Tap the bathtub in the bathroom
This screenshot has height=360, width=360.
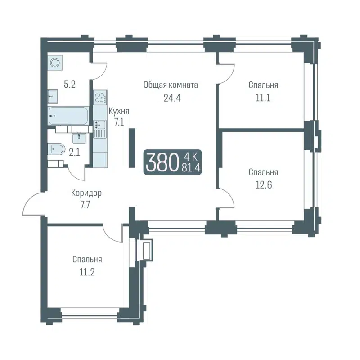(x=68, y=117)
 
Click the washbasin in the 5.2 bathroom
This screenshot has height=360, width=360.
(x=53, y=95)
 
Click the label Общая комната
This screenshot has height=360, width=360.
(x=171, y=85)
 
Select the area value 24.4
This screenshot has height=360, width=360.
(x=172, y=98)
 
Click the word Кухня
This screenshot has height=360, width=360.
(x=119, y=111)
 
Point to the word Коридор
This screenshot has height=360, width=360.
(x=86, y=193)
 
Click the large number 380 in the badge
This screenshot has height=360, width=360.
(x=160, y=162)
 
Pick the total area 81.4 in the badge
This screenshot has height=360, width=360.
(x=191, y=168)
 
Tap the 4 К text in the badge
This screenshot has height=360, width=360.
(x=191, y=157)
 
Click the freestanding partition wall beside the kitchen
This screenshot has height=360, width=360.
(x=132, y=148)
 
